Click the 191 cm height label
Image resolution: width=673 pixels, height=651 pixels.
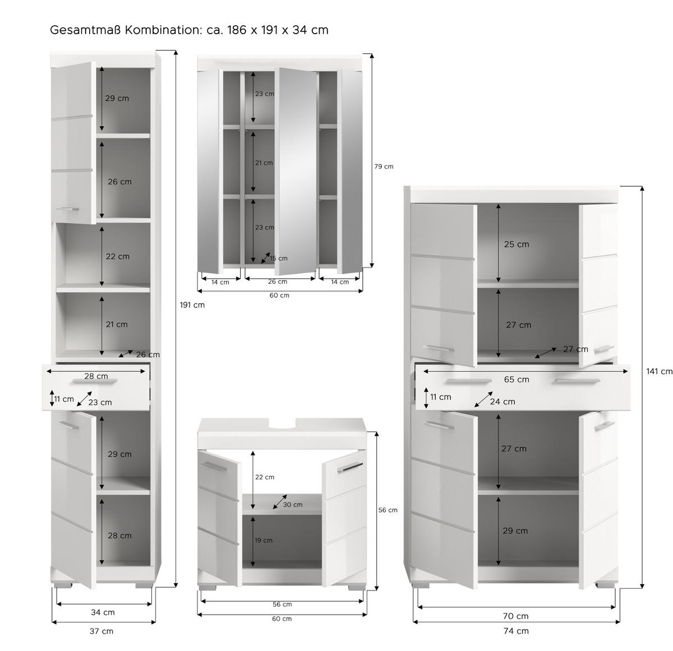coord(192,305)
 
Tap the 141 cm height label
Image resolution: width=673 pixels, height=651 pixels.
coord(659,371)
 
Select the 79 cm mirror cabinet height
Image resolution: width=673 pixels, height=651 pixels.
coord(384,167)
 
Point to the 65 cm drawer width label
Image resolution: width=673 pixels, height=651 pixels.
coord(516,380)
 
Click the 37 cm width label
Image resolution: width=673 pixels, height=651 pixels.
coord(102,631)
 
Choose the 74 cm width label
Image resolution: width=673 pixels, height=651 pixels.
coord(516,631)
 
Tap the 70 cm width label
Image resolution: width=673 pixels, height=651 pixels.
coord(516,616)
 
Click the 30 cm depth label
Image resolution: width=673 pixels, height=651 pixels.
coord(292,505)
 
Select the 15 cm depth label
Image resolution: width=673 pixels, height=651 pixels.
coord(278,258)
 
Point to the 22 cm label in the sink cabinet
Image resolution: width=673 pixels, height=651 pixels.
coord(265,477)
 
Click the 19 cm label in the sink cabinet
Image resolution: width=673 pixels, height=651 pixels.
coord(264,541)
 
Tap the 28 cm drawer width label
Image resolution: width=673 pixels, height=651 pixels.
coord(96,376)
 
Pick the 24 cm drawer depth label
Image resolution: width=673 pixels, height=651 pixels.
coord(502,401)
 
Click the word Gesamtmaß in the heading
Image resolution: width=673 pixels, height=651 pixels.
coord(85,30)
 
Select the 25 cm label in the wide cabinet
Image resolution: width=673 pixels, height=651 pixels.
coord(517,244)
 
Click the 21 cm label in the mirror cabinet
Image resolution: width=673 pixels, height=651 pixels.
coord(264,163)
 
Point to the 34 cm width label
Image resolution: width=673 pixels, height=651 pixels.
coord(103,612)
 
